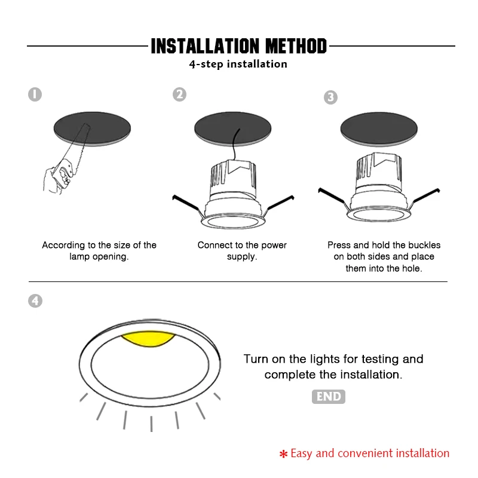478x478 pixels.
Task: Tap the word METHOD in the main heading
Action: pos(296,47)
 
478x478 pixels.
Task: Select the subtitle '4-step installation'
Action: pos(238,64)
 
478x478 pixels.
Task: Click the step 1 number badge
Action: pos(35,94)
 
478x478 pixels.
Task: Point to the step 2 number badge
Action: pos(180,94)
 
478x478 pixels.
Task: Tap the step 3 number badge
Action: pos(331,97)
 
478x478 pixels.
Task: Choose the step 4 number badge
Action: pos(35,301)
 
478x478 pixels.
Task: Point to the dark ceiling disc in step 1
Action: pos(92,128)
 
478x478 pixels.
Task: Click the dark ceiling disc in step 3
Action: pos(379,129)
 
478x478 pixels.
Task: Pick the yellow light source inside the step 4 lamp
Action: pos(148,339)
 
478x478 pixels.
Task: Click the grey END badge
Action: pos(329,397)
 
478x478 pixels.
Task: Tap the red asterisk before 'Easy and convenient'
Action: pos(283,454)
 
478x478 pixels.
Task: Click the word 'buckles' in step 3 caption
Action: pos(424,245)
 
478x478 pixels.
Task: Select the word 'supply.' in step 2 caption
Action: pos(242,257)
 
